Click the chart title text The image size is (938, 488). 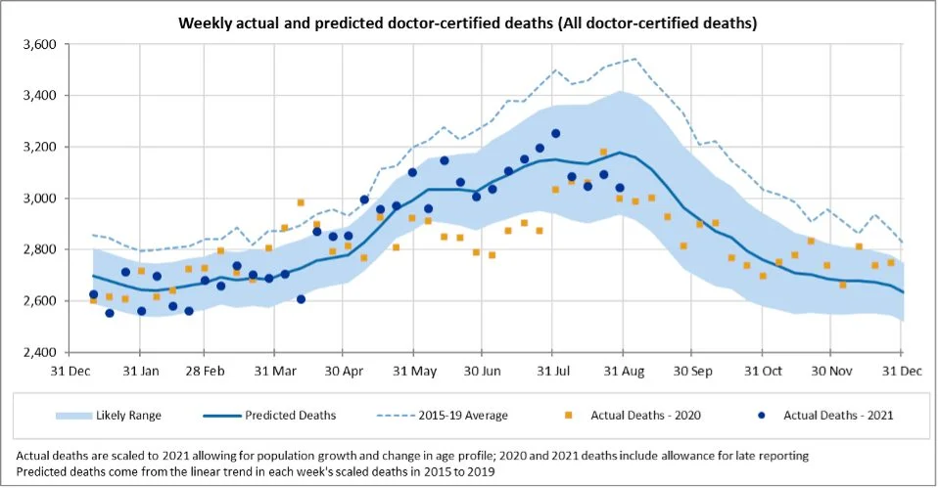pyautogui.click(x=468, y=21)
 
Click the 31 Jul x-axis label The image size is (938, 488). pyautogui.click(x=553, y=372)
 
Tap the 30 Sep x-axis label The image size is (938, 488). pyautogui.click(x=694, y=372)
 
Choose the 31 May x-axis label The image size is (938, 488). pyautogui.click(x=415, y=372)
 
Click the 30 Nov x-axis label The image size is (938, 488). pyautogui.click(x=830, y=372)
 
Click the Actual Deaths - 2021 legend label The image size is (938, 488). pyautogui.click(x=838, y=416)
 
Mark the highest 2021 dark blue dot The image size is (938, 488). pyautogui.click(x=555, y=133)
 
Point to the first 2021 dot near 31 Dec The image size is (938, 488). pyautogui.click(x=93, y=294)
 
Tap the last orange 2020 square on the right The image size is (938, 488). pyautogui.click(x=890, y=262)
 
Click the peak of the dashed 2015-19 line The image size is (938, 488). pyautogui.click(x=634, y=59)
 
